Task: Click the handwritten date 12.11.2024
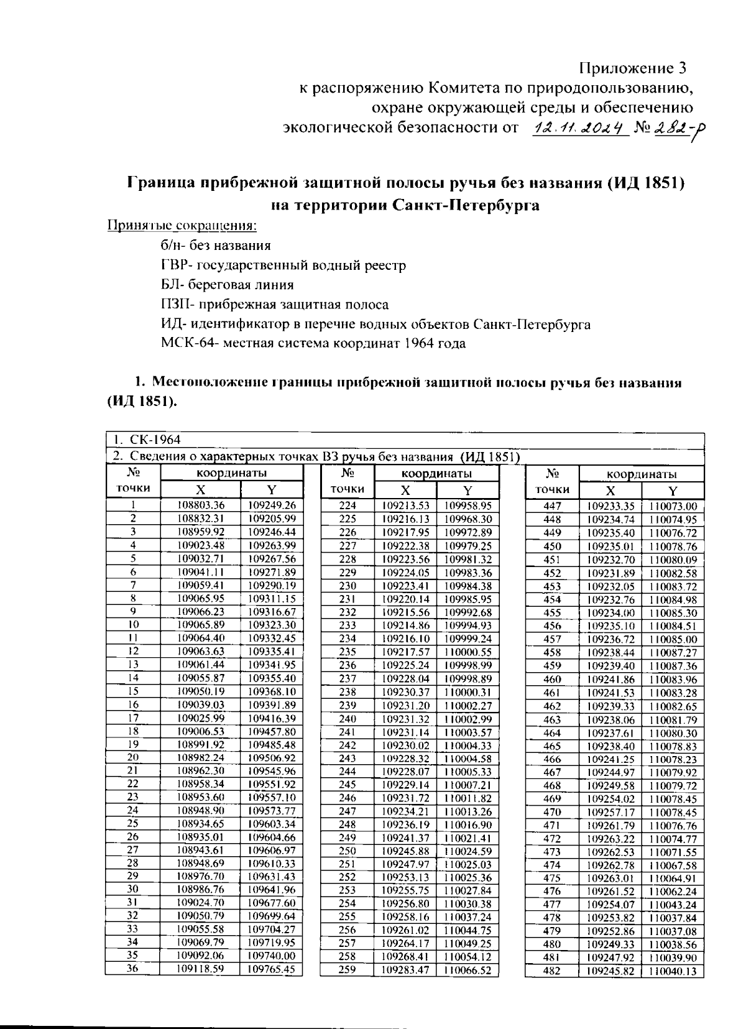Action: click(578, 128)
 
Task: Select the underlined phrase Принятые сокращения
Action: click(182, 225)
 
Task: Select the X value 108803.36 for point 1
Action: click(201, 505)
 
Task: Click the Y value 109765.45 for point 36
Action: click(271, 969)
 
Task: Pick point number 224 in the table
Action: click(348, 506)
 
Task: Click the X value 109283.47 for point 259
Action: click(405, 970)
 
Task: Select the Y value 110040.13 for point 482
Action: click(673, 971)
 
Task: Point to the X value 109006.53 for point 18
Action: click(201, 731)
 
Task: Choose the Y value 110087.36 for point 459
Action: click(673, 665)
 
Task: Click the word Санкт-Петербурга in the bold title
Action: click(466, 205)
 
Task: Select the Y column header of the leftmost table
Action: click(271, 489)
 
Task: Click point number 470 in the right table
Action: click(551, 812)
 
